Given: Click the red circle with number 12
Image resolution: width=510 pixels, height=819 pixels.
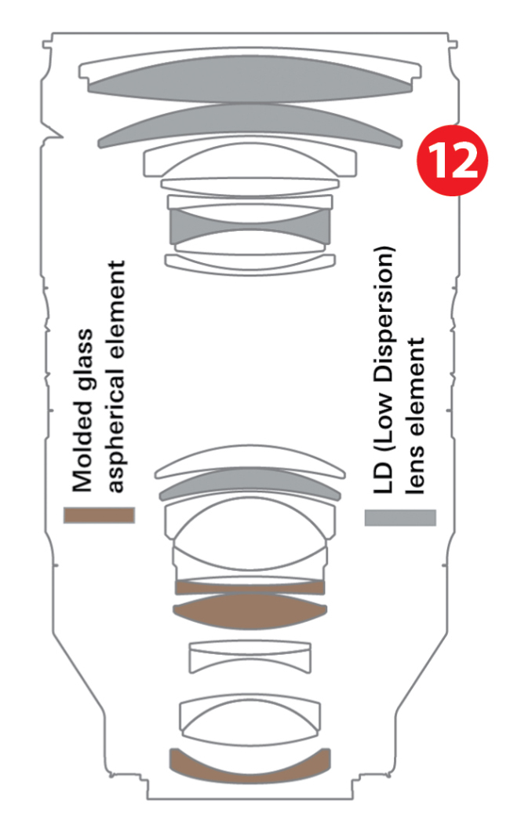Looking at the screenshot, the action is click(x=452, y=160).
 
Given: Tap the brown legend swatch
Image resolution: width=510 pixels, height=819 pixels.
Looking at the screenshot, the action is click(x=99, y=515).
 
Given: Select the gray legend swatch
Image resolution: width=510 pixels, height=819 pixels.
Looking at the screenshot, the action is click(x=400, y=517).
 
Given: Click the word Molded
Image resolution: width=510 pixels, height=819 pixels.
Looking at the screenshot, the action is click(x=82, y=447).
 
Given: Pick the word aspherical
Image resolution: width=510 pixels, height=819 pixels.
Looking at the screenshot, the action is click(x=116, y=433).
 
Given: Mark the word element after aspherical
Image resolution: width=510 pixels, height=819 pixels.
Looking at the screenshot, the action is click(x=116, y=313).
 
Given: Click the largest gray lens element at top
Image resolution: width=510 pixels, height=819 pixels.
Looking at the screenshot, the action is click(x=250, y=79).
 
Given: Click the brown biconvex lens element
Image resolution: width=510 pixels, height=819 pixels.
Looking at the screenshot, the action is click(x=250, y=611).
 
